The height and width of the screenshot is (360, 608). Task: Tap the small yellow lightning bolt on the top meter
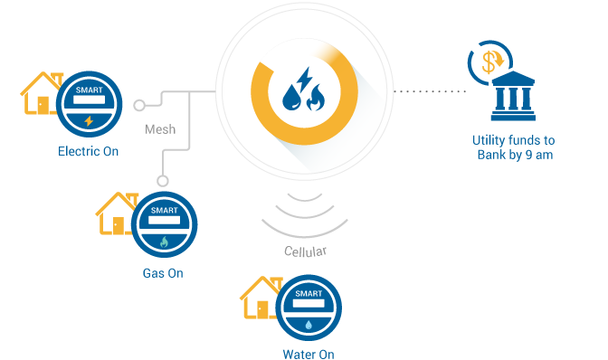[x=88, y=120]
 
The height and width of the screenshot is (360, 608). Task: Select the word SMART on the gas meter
[x=163, y=208]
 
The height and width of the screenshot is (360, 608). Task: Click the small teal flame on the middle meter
[x=164, y=242]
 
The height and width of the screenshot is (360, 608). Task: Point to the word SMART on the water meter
[x=309, y=294]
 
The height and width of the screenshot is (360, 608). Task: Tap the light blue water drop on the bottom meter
[x=309, y=323]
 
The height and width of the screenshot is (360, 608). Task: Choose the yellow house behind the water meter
[x=257, y=298]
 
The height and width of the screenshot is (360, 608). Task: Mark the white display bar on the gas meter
[x=163, y=220]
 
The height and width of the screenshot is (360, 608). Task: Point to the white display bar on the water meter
[x=309, y=305]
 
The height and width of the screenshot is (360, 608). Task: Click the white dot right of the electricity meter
[x=138, y=105]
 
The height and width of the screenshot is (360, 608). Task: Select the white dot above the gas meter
[x=163, y=181]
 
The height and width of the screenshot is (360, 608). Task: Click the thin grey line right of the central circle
[x=434, y=91]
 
